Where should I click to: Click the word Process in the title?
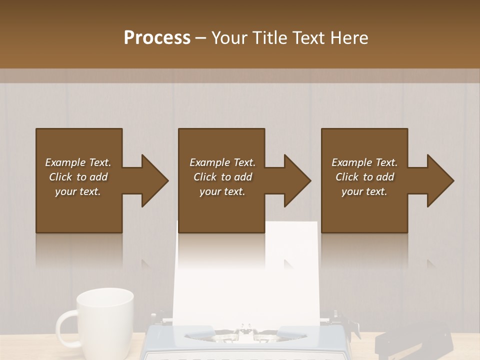point(157,38)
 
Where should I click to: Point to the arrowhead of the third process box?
point(439,180)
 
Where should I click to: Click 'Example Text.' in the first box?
point(78,162)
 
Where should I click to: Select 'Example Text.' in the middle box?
point(222,162)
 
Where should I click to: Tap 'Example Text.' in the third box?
point(364,162)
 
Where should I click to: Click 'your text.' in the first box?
point(78,191)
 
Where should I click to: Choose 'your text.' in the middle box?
point(222,191)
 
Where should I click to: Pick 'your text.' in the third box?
point(364,191)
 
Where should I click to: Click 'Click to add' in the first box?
point(78,177)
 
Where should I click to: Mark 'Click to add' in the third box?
point(364,177)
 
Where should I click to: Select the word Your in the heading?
point(230,38)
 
